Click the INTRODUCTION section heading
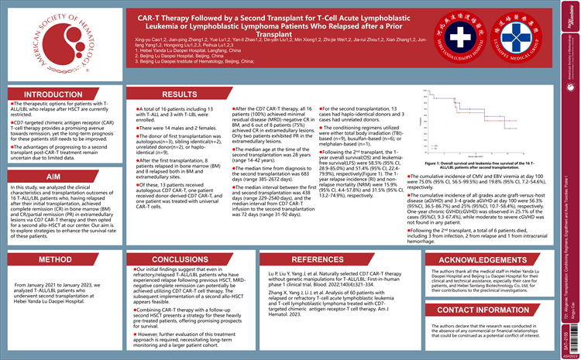tap(53, 94)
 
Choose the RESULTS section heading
tap(179, 94)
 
